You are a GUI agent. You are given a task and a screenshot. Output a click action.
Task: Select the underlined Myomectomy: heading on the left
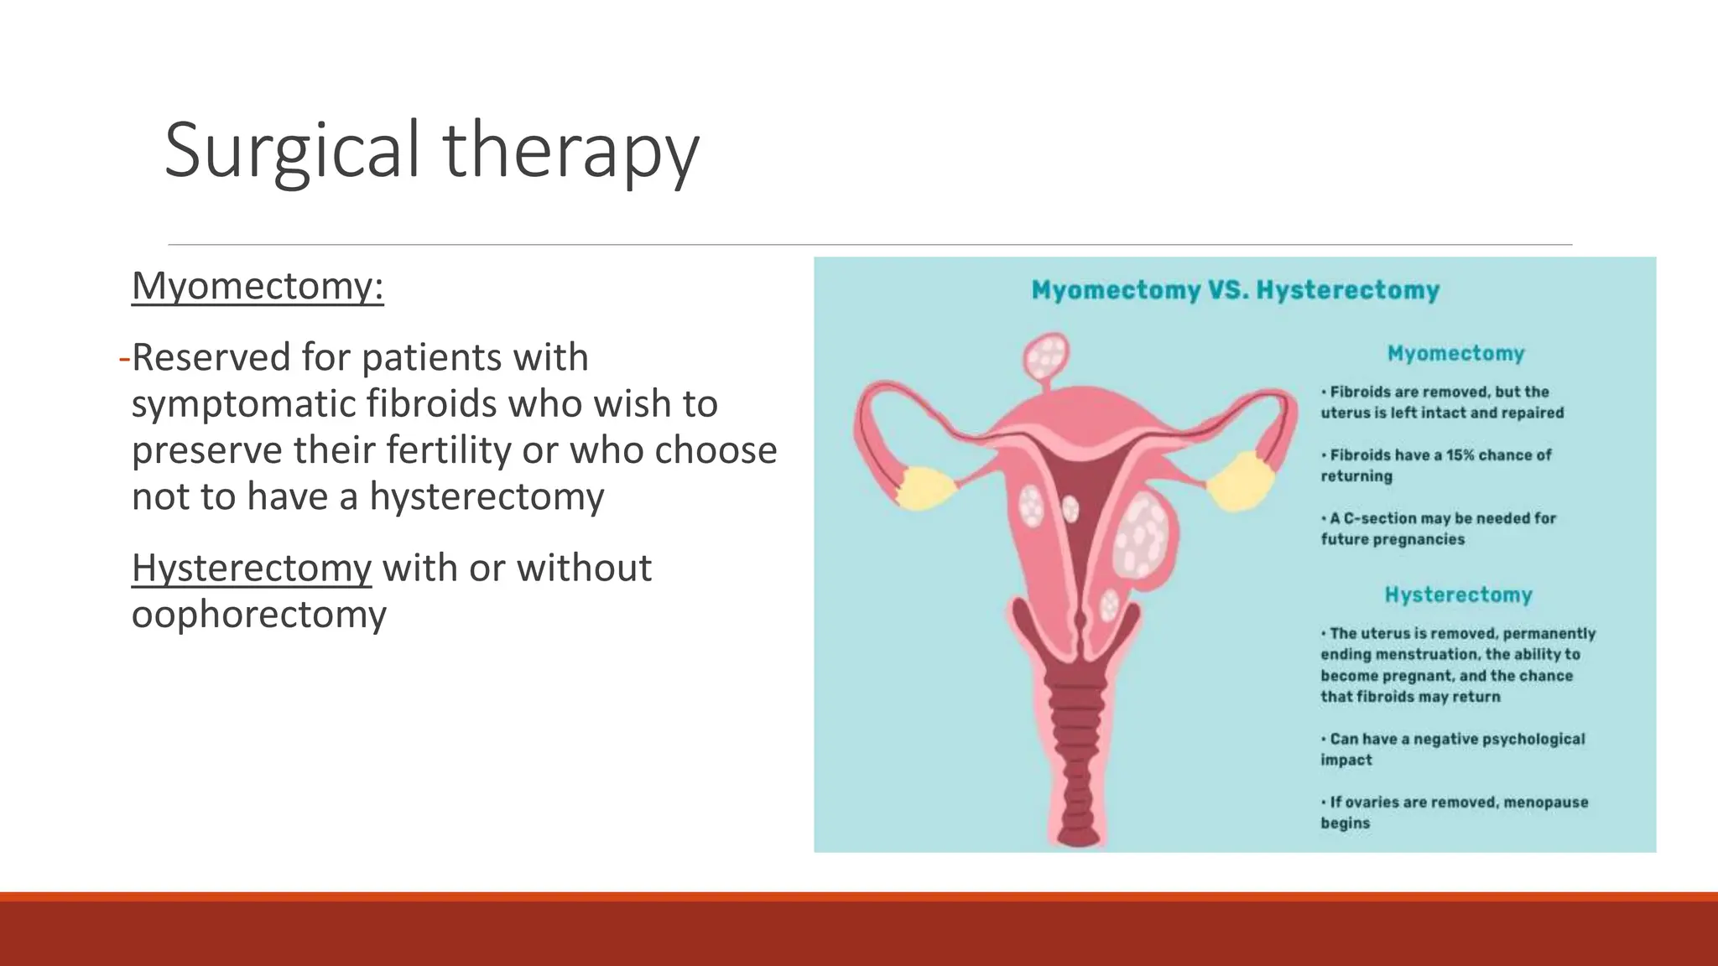(x=258, y=286)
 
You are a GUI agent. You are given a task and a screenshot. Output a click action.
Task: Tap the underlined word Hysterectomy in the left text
(x=251, y=568)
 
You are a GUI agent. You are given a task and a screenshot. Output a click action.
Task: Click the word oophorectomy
(x=258, y=614)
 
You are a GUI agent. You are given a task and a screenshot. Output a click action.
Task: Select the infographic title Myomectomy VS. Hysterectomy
(x=1235, y=290)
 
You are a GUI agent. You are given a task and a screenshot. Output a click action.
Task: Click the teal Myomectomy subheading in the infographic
(x=1455, y=353)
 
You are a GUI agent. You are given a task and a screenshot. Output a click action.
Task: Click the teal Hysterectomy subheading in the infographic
(x=1458, y=595)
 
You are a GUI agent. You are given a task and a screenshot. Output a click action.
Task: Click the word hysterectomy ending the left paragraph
(x=487, y=496)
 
